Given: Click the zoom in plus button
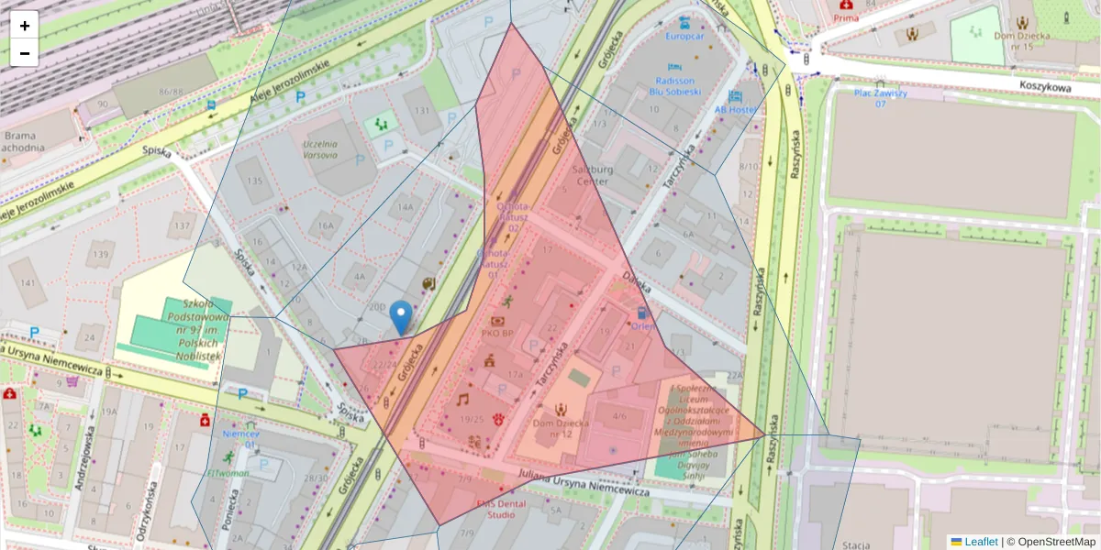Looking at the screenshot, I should tap(25, 26).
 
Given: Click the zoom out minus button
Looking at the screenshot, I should tap(25, 53).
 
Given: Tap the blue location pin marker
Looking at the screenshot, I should tap(400, 317).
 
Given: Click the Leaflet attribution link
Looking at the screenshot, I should tap(980, 542).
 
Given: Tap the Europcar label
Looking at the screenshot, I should tap(684, 37).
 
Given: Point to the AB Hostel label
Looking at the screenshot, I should tap(735, 109).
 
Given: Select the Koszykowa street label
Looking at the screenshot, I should tap(1045, 85).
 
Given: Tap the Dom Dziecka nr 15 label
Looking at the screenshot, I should tap(1020, 40).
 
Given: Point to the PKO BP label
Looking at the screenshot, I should tap(497, 334).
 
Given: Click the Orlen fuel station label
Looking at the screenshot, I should tap(642, 324).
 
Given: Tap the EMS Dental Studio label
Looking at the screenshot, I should tap(501, 509).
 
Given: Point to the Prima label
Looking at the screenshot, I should tap(845, 17).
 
